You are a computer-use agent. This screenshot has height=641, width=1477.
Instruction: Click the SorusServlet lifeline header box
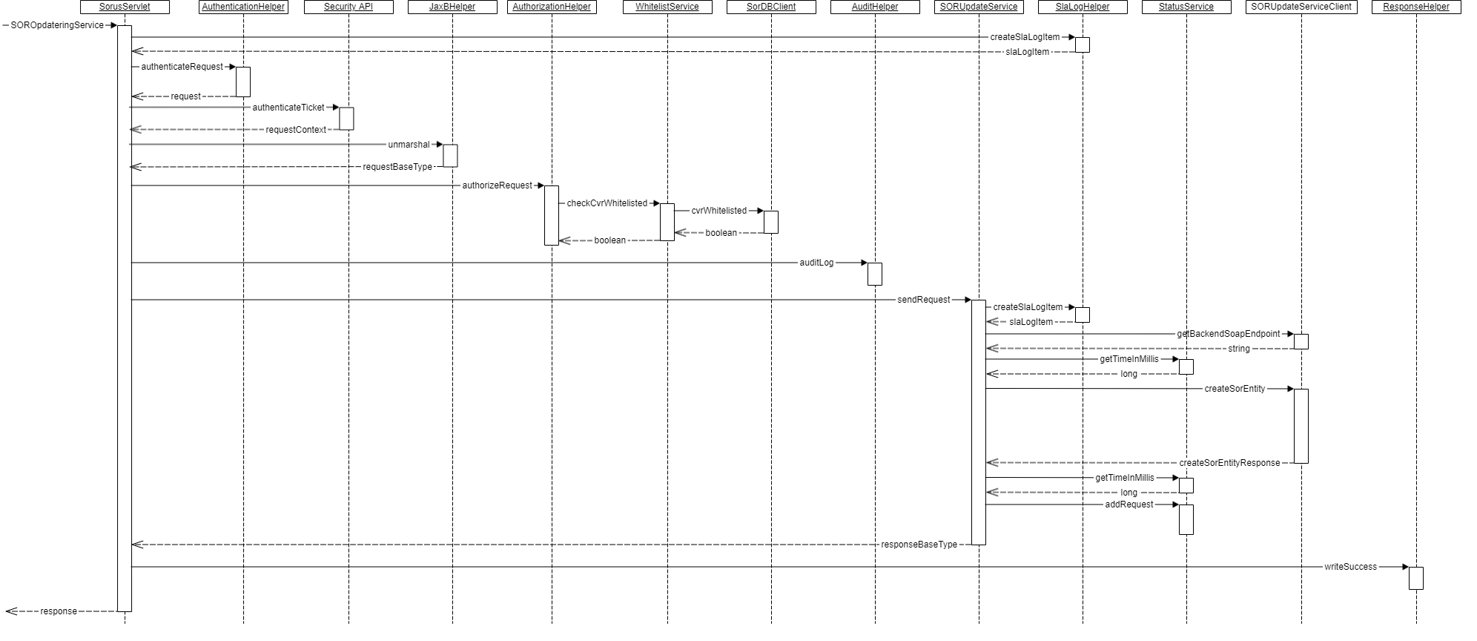tap(125, 7)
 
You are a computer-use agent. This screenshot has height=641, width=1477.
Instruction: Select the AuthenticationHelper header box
tap(243, 7)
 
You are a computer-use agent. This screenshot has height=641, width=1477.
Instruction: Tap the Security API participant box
tap(348, 7)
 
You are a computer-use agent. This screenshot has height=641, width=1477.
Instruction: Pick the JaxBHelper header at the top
tap(452, 7)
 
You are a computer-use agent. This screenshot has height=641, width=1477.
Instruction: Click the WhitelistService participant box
tap(667, 7)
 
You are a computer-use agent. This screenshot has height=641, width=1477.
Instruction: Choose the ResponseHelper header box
tap(1416, 7)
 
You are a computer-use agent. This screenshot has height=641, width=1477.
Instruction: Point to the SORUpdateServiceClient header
tap(1301, 7)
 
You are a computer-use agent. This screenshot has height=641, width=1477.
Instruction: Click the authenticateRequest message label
tap(182, 67)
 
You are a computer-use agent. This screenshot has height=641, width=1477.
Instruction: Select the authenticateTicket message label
tap(288, 108)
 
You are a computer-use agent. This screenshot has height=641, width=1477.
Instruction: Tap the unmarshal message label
tap(409, 145)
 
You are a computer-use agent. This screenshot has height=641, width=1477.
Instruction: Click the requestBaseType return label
tap(397, 167)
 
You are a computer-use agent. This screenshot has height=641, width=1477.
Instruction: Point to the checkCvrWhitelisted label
tap(607, 203)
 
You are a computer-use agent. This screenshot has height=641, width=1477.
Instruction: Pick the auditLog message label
tap(816, 263)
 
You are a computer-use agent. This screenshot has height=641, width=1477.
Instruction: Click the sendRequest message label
tap(923, 300)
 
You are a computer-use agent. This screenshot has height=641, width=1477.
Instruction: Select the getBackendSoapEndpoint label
tap(1229, 334)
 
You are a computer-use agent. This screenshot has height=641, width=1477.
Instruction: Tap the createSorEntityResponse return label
tap(1229, 463)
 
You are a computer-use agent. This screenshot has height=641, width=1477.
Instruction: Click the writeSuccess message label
tap(1350, 567)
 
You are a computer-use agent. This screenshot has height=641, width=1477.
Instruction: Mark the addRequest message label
tap(1129, 504)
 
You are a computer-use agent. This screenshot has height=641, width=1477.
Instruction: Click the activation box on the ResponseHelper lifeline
tap(1416, 578)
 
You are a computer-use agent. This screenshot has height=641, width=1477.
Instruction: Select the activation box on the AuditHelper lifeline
tap(875, 274)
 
